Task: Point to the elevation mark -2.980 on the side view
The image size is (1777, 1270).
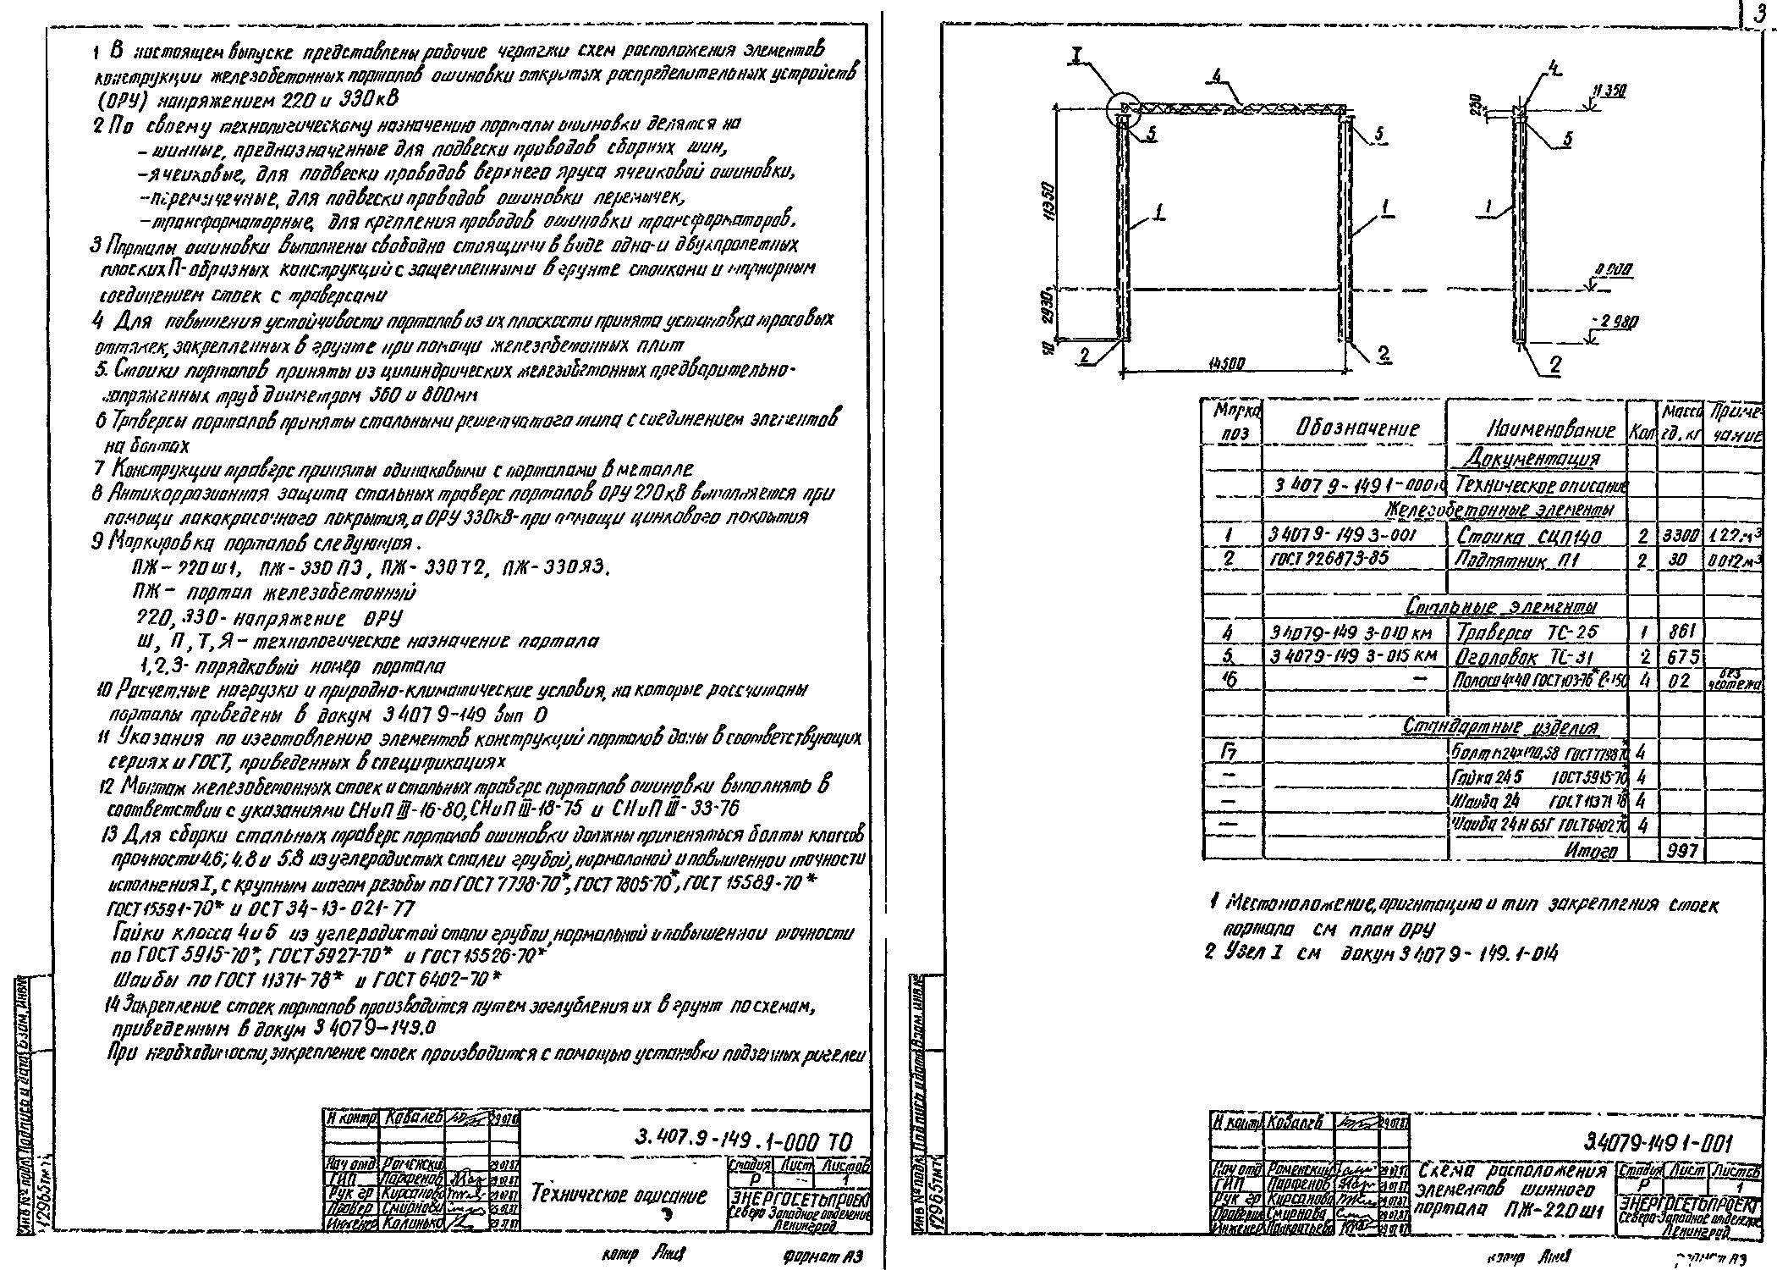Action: (x=1618, y=322)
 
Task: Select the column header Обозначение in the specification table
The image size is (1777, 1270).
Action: (x=1356, y=428)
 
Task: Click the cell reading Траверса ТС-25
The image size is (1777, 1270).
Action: (x=1525, y=632)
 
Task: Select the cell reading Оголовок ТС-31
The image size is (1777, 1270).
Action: (x=1527, y=657)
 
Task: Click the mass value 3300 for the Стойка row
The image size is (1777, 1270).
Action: (x=1679, y=537)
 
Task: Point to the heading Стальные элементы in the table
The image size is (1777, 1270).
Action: (x=1501, y=608)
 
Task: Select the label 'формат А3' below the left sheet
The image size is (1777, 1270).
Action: (x=820, y=1256)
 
